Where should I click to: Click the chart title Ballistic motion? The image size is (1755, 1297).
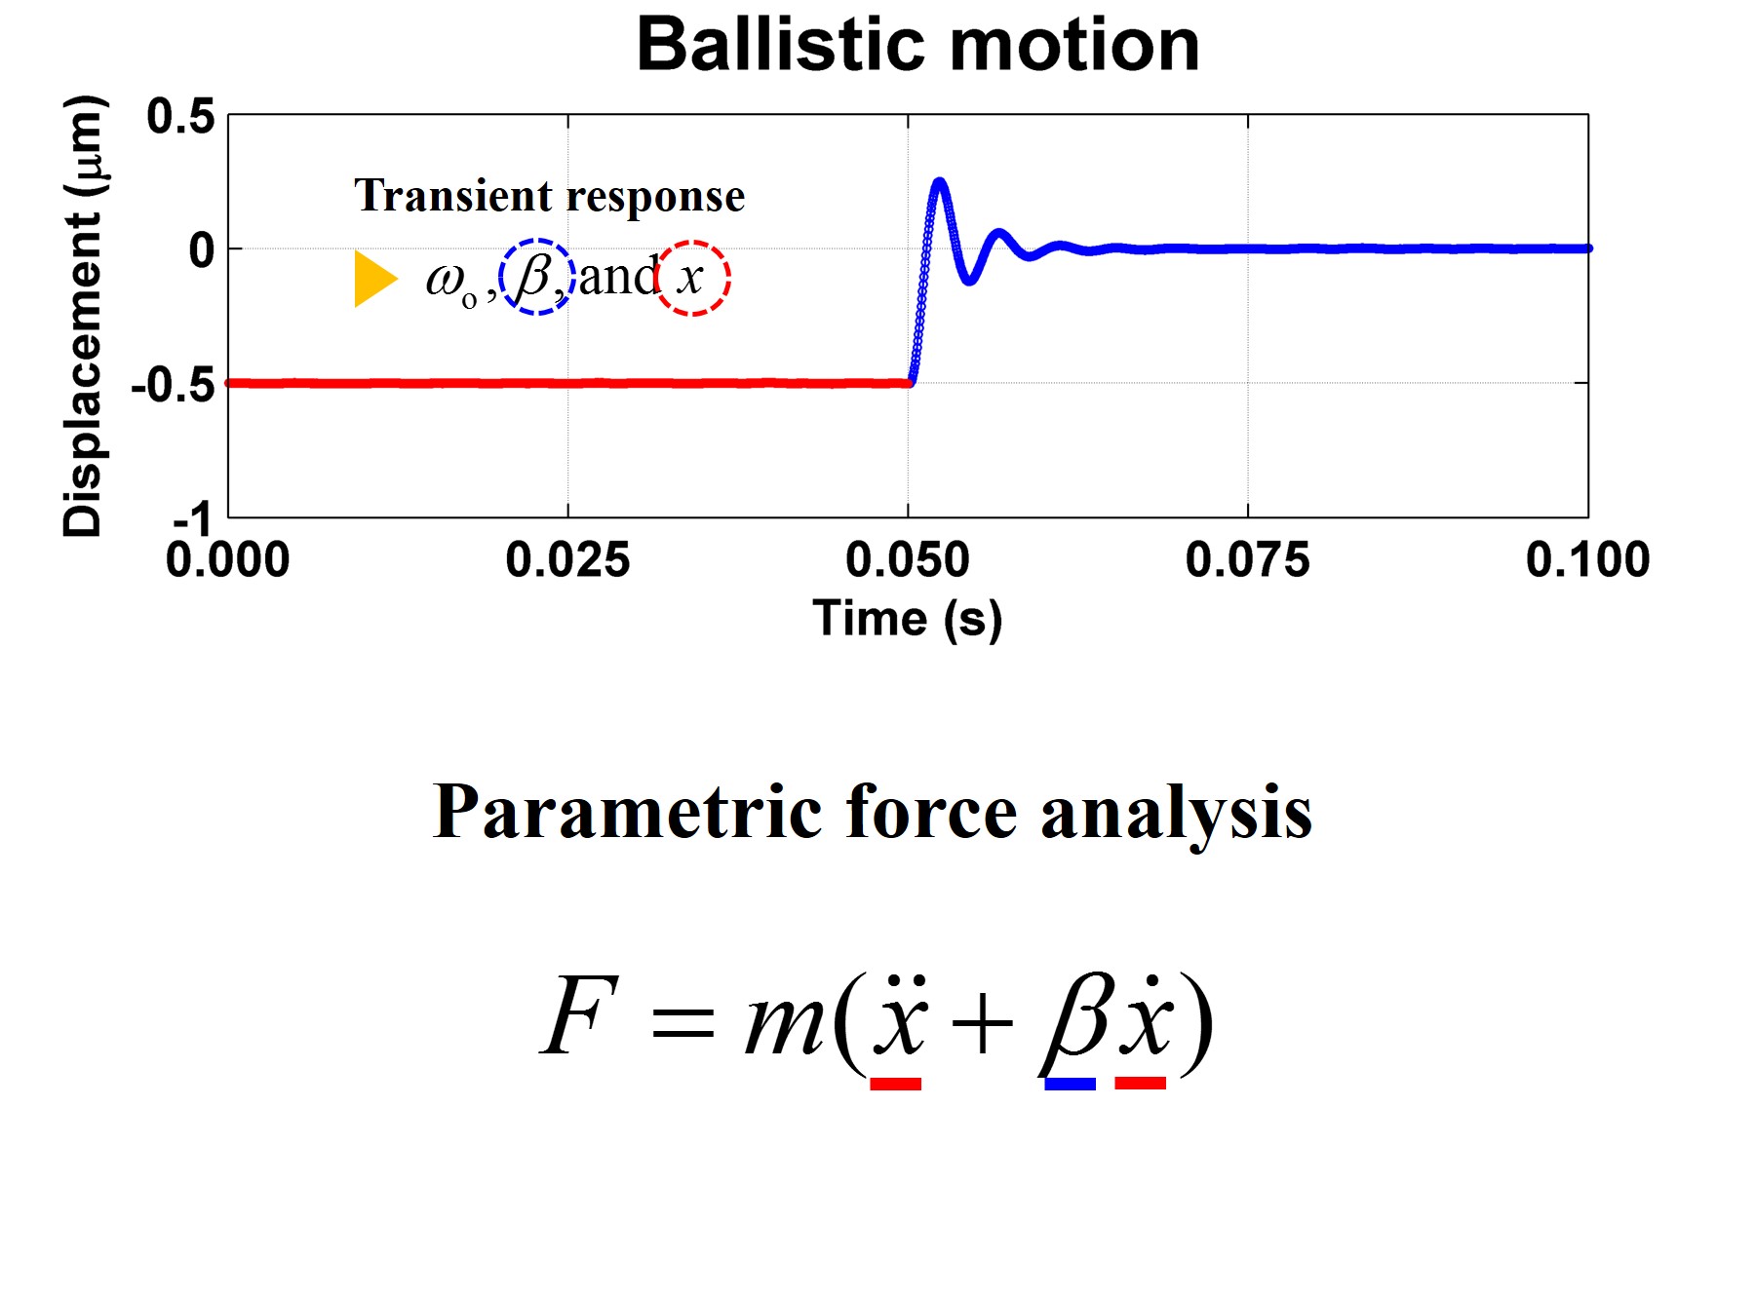click(917, 45)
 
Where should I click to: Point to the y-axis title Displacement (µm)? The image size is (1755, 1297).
click(83, 316)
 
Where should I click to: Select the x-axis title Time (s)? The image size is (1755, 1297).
click(907, 619)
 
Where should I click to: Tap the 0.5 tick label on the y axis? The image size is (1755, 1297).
click(180, 117)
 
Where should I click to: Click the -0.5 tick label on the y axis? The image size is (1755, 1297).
click(173, 385)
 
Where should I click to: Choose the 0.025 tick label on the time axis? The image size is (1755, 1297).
click(567, 560)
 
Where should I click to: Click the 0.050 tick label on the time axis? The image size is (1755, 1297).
click(908, 560)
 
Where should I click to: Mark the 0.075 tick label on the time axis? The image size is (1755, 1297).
click(1248, 560)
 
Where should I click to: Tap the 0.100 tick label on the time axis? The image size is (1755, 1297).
click(1587, 560)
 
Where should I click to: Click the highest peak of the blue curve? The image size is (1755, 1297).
click(939, 181)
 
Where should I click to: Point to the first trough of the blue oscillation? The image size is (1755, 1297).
click(969, 281)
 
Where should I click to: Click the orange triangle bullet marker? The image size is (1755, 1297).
click(375, 279)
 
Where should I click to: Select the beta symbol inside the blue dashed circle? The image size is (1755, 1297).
click(534, 276)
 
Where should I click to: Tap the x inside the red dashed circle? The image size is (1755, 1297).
click(690, 279)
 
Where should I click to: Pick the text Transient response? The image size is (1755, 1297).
click(550, 196)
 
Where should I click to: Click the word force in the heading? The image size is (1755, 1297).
click(931, 811)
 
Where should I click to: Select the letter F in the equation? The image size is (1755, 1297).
click(579, 1015)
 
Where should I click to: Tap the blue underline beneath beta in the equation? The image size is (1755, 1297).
click(1070, 1084)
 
